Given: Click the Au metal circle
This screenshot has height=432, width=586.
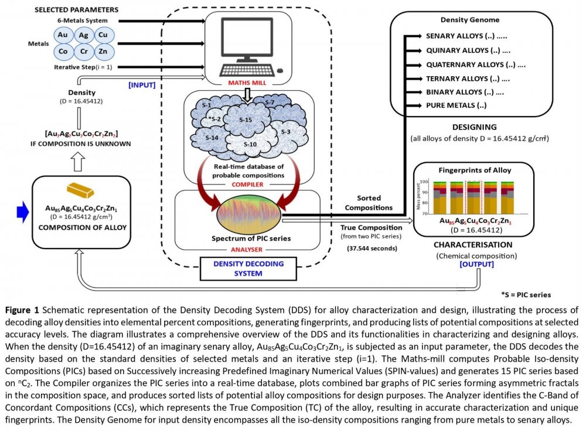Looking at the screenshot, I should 63,35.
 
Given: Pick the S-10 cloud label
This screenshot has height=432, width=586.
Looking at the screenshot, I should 250,144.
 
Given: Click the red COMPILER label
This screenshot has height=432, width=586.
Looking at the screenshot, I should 248,183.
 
